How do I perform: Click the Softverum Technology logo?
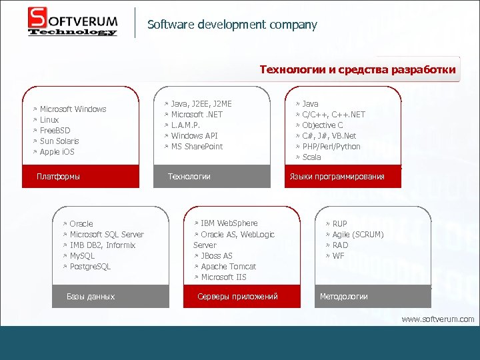[73, 22]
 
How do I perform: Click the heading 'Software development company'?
[232, 25]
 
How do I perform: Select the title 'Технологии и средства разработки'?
[357, 69]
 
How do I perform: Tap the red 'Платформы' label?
[59, 177]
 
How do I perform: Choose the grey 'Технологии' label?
[189, 177]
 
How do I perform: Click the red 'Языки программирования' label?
[337, 177]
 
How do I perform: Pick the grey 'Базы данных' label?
[91, 297]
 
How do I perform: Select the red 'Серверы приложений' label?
[238, 297]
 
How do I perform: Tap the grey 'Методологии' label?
[344, 297]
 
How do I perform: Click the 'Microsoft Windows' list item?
[73, 109]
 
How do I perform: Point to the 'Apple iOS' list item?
[57, 152]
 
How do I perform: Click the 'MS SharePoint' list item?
[197, 147]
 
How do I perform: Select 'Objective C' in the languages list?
[323, 125]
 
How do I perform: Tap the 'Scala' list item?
[311, 157]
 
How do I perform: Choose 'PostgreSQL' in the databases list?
[90, 267]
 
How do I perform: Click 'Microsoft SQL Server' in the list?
[107, 235]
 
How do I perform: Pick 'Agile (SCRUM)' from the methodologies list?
[358, 235]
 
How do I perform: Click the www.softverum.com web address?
[437, 319]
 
